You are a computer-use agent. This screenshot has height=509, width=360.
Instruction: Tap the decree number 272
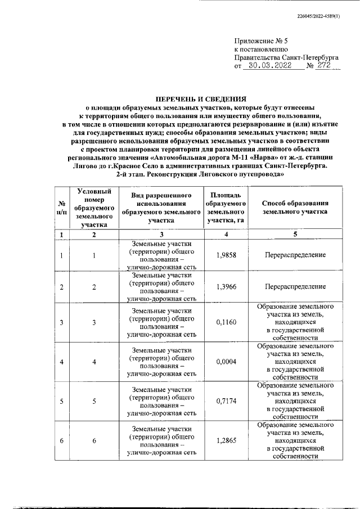(325, 65)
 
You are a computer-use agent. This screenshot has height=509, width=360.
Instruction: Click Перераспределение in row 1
(295, 255)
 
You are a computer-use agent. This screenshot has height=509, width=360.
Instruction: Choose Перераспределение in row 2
(295, 287)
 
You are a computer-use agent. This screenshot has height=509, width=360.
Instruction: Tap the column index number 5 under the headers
(295, 234)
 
